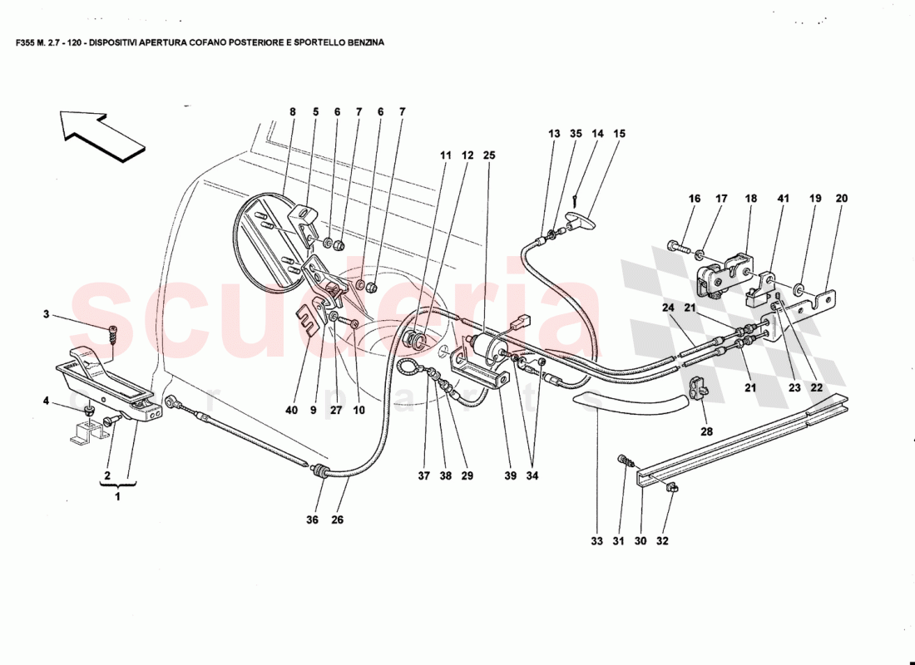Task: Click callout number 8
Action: [x=292, y=111]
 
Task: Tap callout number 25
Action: [x=488, y=155]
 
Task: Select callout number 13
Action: [x=554, y=133]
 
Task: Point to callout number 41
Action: [x=783, y=199]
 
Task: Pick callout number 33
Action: [x=596, y=541]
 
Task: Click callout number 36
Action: [x=312, y=520]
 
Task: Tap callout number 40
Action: [x=291, y=409]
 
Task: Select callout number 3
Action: [x=47, y=314]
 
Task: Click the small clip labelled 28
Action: [x=699, y=386]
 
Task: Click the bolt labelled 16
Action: [x=676, y=246]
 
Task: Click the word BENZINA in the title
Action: [x=363, y=41]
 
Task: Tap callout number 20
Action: [x=841, y=199]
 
